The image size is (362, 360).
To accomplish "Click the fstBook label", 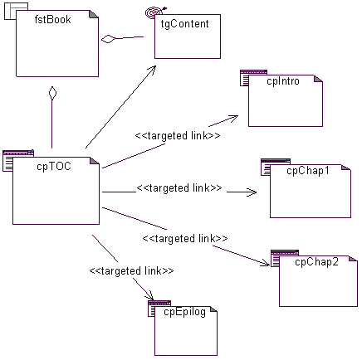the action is click(52, 20).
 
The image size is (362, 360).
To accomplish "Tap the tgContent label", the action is click(184, 24).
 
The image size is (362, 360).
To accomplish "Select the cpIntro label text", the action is click(283, 81).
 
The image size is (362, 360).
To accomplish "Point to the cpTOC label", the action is click(54, 167).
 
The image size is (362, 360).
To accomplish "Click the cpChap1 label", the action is click(308, 171).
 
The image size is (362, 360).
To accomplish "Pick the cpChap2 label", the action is click(316, 262).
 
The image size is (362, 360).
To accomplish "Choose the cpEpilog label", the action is click(184, 312).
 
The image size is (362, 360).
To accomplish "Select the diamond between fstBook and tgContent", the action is click(108, 39).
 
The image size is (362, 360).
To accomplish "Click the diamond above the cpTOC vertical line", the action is click(52, 93).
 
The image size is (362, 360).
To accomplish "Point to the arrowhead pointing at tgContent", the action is click(152, 70).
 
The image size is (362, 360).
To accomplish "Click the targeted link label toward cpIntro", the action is click(178, 136).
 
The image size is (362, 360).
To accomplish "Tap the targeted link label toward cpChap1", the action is click(179, 188).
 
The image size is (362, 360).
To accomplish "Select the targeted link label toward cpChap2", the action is click(185, 239).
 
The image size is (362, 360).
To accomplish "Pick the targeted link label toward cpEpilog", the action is click(131, 270).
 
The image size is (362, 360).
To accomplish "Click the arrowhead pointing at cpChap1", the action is click(252, 192).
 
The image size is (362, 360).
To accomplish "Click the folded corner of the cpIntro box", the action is click(318, 79).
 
